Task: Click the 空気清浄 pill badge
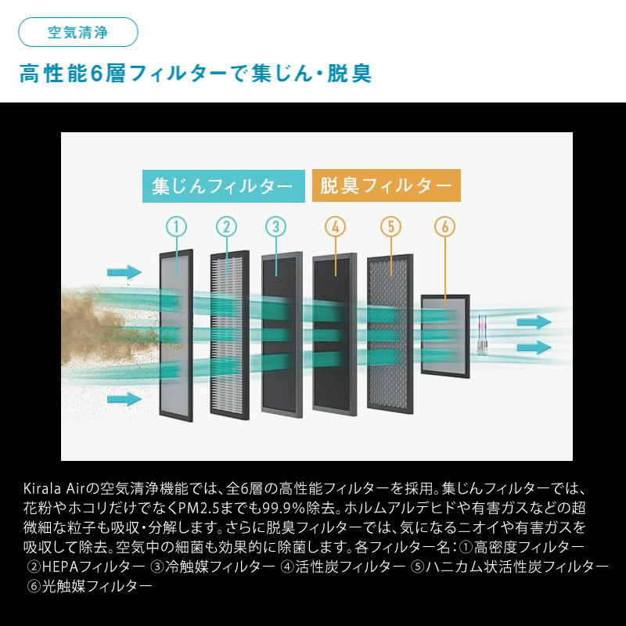tap(78, 32)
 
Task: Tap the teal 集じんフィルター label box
tap(224, 186)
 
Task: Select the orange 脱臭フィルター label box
tap(387, 185)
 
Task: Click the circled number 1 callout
tap(177, 227)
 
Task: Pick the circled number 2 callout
tap(226, 227)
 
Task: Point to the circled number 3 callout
tap(276, 226)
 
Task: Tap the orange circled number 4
tap(336, 226)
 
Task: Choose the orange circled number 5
tap(390, 226)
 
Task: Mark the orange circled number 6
tap(444, 226)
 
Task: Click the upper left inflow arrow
tap(124, 272)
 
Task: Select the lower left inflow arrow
tap(124, 398)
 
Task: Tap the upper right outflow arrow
tap(534, 322)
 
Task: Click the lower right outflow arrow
tap(534, 347)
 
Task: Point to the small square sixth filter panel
tap(445, 336)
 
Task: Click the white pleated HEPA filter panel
tap(230, 335)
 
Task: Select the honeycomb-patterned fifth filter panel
tap(390, 334)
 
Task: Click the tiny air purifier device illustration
tap(482, 334)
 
